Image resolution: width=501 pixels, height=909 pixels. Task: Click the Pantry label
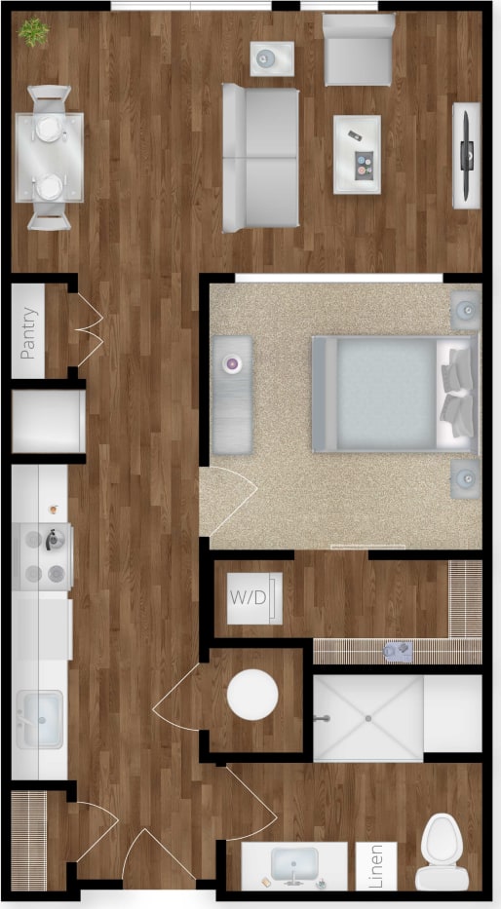(x=29, y=334)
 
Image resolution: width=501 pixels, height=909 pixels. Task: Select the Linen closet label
(x=375, y=865)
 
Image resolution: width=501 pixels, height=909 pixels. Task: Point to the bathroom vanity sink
(x=293, y=862)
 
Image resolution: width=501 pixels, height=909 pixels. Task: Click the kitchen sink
(x=39, y=719)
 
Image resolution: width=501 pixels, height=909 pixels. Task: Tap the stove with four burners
(x=44, y=557)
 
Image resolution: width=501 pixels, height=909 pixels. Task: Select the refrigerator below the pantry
(x=48, y=422)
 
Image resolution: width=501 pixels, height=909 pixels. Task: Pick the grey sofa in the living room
(x=260, y=157)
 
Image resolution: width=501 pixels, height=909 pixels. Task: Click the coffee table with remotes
(x=357, y=155)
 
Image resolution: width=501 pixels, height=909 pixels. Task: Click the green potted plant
(x=34, y=32)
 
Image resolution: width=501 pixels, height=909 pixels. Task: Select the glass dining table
(x=49, y=157)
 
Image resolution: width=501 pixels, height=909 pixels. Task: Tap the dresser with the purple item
(x=232, y=394)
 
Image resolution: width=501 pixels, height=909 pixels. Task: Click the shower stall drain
(x=368, y=718)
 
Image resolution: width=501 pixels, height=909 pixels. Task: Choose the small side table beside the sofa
(x=271, y=58)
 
